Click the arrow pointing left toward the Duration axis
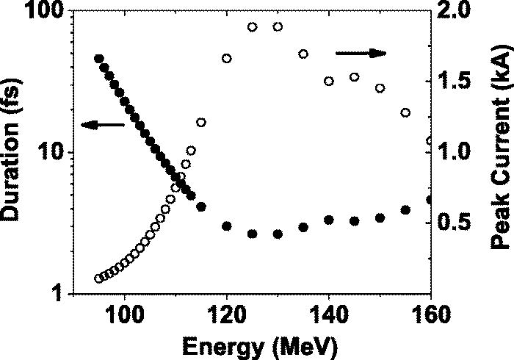(102, 126)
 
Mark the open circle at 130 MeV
(278, 27)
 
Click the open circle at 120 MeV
(227, 59)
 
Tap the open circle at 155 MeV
(405, 112)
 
